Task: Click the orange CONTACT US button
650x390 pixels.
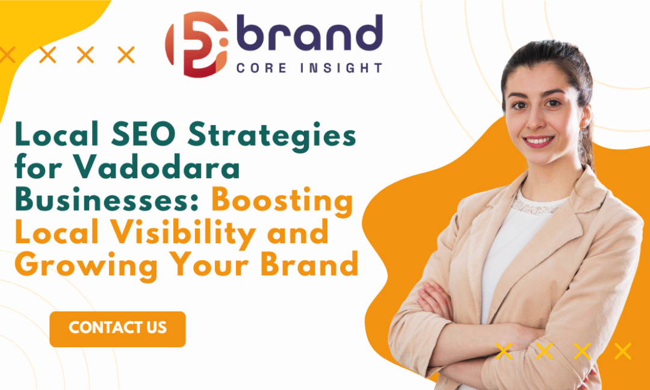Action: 117,329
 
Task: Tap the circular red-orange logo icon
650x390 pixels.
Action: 197,45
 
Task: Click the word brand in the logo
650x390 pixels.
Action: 309,32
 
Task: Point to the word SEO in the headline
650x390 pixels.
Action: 149,135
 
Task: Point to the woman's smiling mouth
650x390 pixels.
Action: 538,141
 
